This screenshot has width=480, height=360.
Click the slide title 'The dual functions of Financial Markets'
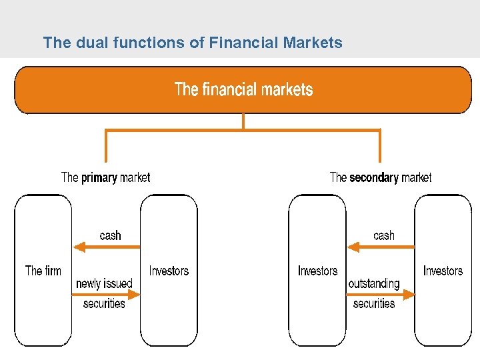[192, 43]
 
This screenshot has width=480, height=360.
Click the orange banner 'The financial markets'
[243, 90]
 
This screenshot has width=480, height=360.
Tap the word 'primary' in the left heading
[99, 177]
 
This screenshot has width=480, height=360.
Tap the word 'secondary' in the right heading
[374, 177]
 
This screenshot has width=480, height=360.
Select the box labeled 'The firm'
[43, 270]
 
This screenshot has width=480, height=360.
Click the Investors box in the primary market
[169, 270]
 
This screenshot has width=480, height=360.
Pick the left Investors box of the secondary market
[317, 270]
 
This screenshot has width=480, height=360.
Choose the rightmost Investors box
[443, 270]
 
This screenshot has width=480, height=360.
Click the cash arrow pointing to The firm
[107, 247]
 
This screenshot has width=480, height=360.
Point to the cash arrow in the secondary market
[381, 247]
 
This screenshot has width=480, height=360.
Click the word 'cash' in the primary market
[111, 235]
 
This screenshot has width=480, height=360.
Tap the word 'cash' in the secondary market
[384, 235]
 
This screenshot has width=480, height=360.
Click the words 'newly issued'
[104, 283]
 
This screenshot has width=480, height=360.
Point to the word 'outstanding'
[374, 283]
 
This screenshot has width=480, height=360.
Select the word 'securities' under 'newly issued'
[104, 303]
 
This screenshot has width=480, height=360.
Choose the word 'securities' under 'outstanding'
[374, 303]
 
